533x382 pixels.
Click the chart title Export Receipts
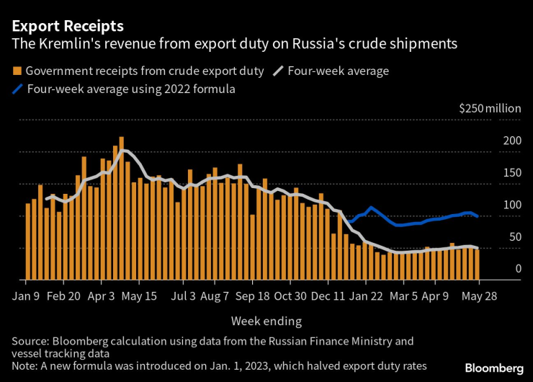click(x=67, y=26)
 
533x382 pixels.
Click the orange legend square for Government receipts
click(x=17, y=71)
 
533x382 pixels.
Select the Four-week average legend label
click(x=338, y=71)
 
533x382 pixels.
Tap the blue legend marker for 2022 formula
click(x=17, y=89)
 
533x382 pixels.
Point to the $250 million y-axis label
click(x=490, y=108)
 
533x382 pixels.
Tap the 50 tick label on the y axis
click(x=514, y=237)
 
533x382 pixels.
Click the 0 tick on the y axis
click(x=517, y=269)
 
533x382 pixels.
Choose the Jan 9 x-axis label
click(x=25, y=296)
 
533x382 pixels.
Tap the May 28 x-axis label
click(x=477, y=296)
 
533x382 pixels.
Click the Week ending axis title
click(x=266, y=321)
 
